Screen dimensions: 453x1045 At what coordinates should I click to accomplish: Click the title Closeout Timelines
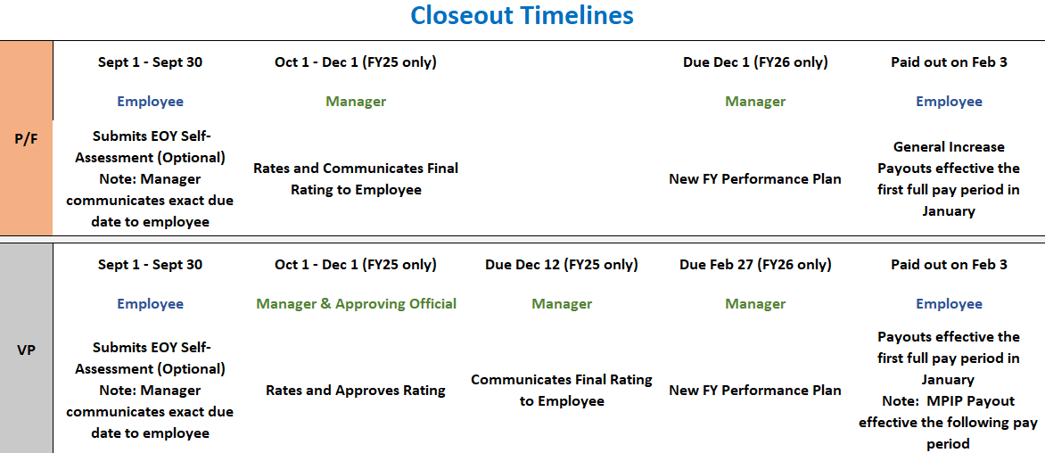pos(522,16)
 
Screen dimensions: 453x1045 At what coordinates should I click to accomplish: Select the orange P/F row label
pos(27,138)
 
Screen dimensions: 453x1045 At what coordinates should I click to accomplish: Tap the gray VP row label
pos(27,350)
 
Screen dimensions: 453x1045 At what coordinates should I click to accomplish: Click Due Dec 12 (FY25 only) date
pos(562,265)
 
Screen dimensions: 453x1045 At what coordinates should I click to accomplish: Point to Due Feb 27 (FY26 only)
pos(755,265)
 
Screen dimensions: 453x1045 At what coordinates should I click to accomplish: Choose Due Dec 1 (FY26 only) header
pos(755,62)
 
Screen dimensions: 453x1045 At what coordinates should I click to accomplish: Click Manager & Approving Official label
pos(356,304)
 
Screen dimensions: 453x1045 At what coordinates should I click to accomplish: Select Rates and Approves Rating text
pos(356,391)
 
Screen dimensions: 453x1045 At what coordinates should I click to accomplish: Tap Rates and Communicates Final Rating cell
pos(356,178)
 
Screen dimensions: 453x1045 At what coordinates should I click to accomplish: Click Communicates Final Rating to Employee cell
pos(562,391)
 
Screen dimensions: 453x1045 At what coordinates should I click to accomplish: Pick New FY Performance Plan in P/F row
pos(755,179)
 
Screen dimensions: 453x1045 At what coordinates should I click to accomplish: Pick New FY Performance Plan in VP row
pos(755,391)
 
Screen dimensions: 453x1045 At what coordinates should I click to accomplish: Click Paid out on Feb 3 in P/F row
pos(949,62)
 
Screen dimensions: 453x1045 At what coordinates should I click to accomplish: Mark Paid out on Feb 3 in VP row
pos(949,265)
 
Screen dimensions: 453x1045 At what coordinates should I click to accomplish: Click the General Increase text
pos(949,147)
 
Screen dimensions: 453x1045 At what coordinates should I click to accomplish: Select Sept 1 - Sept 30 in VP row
pos(150,265)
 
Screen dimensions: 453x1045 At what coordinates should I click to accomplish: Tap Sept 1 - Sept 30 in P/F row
pos(150,62)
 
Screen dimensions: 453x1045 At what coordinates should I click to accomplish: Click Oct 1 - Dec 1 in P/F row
pos(356,62)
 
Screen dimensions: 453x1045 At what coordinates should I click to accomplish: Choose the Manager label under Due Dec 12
pos(562,304)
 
